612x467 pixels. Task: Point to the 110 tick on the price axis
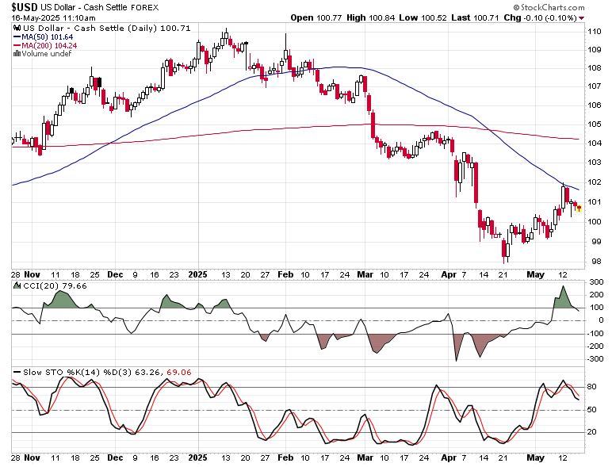click(x=595, y=31)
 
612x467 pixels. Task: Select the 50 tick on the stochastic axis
click(x=592, y=410)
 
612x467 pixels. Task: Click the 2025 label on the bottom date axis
click(x=198, y=457)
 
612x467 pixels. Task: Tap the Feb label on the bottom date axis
click(x=285, y=457)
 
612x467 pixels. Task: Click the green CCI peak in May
click(x=562, y=297)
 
